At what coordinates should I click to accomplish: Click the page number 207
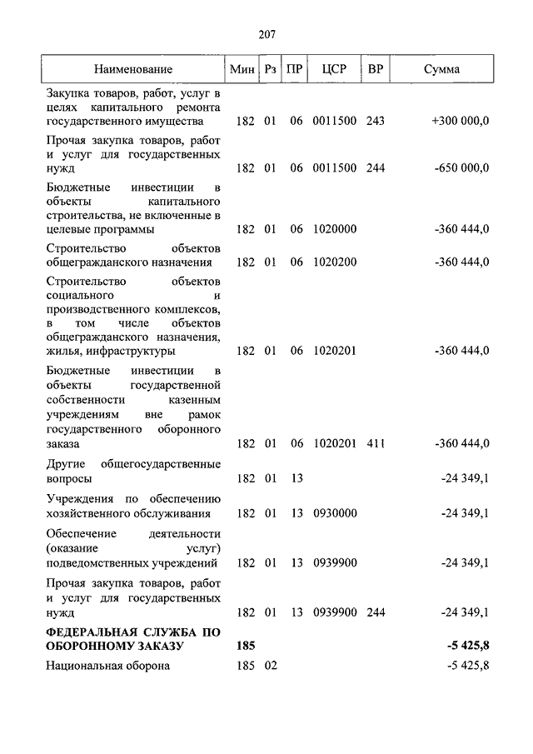click(266, 34)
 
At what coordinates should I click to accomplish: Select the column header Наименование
click(132, 69)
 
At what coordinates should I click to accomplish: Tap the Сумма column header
click(441, 69)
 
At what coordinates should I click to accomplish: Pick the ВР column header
click(375, 69)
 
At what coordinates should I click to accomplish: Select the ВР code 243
click(375, 121)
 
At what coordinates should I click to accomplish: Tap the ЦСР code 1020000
click(334, 229)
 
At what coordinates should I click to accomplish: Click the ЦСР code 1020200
click(334, 262)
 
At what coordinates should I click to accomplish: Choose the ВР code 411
click(375, 442)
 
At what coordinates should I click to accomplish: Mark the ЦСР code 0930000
click(334, 512)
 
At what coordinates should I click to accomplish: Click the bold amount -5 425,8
click(467, 646)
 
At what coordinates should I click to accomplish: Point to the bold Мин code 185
click(246, 646)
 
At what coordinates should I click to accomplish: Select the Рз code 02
click(270, 666)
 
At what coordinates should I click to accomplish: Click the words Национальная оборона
click(108, 666)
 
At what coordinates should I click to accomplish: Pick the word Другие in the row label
click(66, 464)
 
